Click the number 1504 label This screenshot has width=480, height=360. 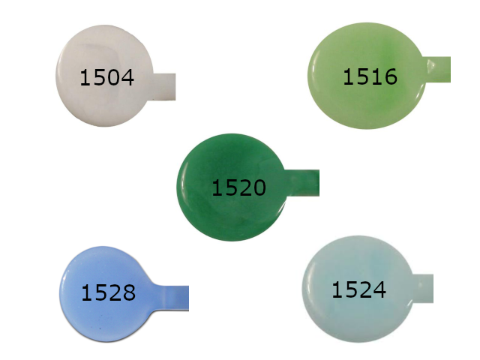click(x=106, y=77)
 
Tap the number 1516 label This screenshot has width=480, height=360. click(x=370, y=76)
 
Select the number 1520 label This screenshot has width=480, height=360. click(x=238, y=187)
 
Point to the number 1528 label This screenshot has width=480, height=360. click(x=108, y=292)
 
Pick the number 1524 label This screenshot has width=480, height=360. click(x=358, y=289)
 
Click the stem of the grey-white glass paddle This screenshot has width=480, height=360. click(x=163, y=87)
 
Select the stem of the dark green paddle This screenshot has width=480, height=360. click(x=302, y=183)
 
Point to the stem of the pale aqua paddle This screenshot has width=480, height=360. click(x=423, y=289)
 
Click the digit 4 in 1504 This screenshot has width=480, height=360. click(x=127, y=77)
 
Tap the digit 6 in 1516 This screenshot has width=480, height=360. click(x=391, y=76)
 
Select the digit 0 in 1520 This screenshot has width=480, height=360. click(x=259, y=187)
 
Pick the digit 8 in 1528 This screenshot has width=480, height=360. click(x=129, y=292)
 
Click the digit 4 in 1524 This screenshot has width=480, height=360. click(x=379, y=289)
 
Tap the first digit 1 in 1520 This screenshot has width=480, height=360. click(x=217, y=187)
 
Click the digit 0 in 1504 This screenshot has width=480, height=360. click(x=114, y=77)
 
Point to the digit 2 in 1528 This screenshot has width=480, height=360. click(x=115, y=292)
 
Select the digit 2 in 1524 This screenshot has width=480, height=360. click(x=366, y=289)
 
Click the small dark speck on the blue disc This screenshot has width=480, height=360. click(x=100, y=328)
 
